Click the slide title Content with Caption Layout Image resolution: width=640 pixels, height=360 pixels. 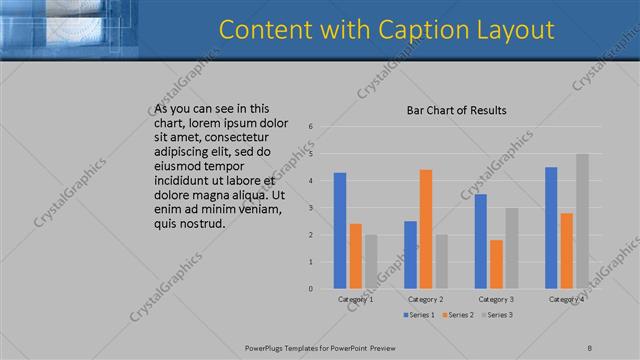click(x=386, y=29)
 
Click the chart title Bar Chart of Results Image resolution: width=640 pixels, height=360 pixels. click(x=456, y=110)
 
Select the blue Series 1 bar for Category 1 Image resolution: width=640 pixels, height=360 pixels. click(x=340, y=230)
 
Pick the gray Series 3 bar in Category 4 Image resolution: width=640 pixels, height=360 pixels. click(x=582, y=221)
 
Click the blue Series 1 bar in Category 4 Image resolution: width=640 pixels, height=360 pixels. click(x=551, y=227)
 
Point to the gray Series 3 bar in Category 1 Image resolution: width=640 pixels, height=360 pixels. click(x=371, y=261)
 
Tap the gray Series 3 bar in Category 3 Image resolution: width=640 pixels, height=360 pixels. click(x=511, y=248)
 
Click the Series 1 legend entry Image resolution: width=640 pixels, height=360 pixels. click(x=419, y=315)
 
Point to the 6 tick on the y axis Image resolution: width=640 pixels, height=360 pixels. click(x=311, y=127)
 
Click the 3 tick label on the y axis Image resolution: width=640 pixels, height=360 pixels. click(x=311, y=208)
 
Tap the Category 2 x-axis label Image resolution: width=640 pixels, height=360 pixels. click(x=426, y=299)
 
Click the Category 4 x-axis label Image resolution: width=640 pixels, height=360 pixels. click(x=566, y=299)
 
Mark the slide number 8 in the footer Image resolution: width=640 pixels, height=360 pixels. click(x=589, y=347)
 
